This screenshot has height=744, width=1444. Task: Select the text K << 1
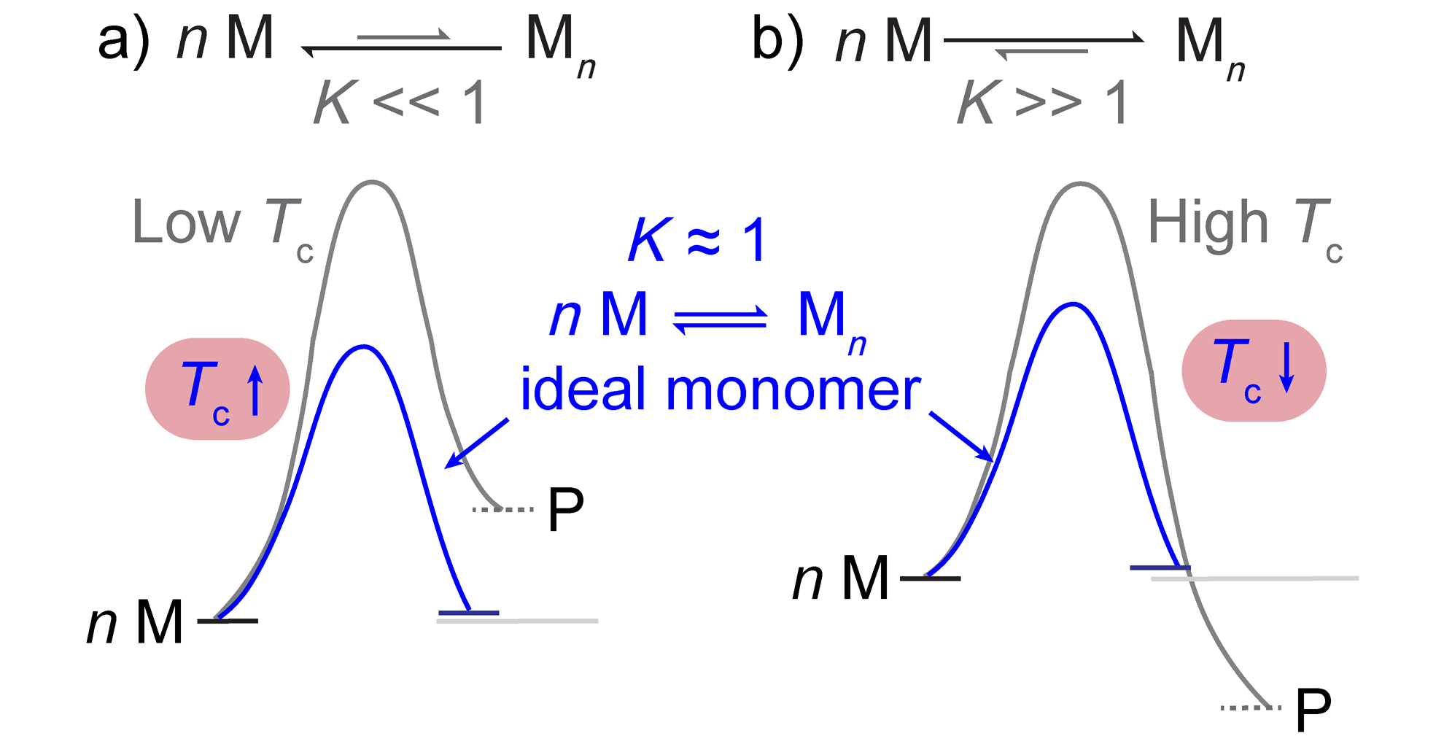(x=400, y=103)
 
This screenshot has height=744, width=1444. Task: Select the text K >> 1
(x=1043, y=103)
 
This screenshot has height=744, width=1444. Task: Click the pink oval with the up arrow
(x=217, y=389)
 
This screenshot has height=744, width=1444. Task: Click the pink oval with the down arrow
(x=1254, y=371)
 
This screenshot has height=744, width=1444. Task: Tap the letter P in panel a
(x=566, y=509)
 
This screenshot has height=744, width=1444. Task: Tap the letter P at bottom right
(x=1313, y=709)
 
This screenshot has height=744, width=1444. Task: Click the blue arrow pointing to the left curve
(x=477, y=443)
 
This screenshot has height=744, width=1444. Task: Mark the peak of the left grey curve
(x=373, y=182)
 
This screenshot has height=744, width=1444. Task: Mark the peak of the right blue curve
(x=1073, y=303)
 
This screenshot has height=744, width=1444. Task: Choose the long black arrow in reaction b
(x=1043, y=39)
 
